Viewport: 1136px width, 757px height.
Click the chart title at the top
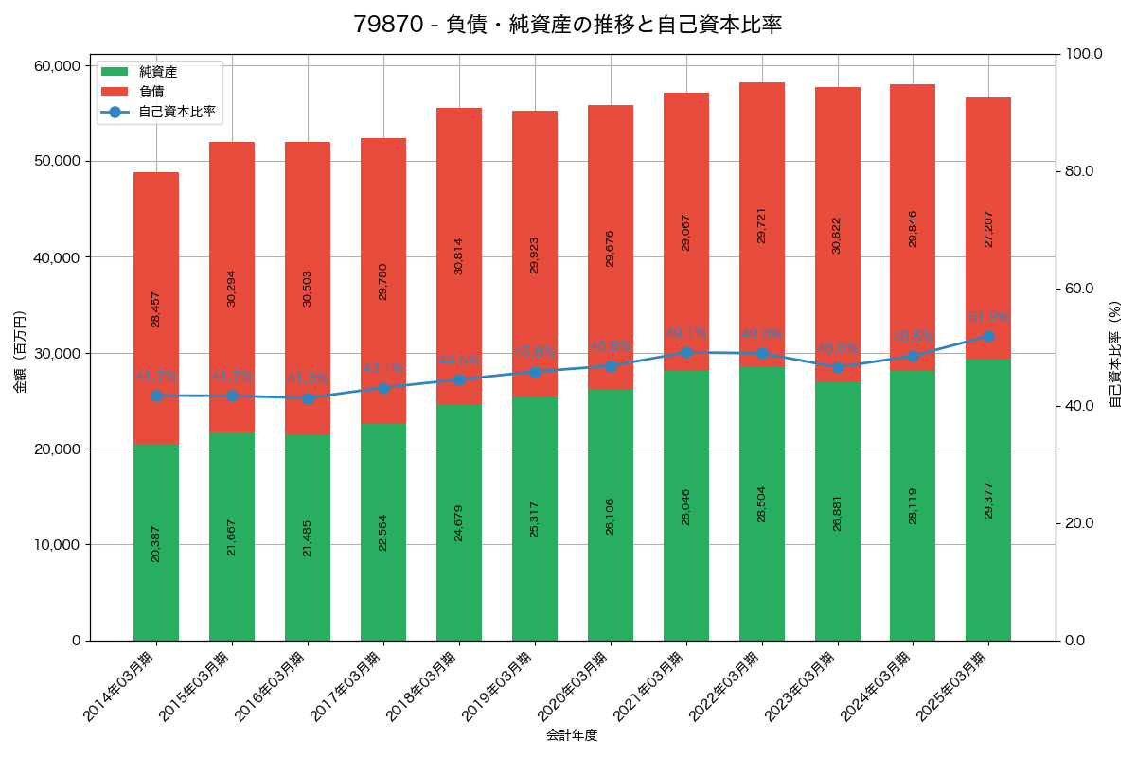point(567,25)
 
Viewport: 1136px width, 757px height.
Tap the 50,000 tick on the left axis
point(55,161)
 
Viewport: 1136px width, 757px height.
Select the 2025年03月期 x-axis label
point(952,686)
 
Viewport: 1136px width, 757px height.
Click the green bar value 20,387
point(156,543)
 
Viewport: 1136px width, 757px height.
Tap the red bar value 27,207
point(988,229)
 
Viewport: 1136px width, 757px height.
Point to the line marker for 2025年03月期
point(988,336)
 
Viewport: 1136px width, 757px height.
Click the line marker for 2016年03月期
point(308,398)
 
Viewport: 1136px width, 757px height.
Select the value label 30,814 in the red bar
point(459,255)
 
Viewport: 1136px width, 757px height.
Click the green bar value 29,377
point(988,499)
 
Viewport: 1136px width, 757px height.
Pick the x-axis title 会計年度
point(572,735)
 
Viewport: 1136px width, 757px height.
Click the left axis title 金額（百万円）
point(20,352)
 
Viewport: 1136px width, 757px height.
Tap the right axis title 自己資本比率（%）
point(1115,353)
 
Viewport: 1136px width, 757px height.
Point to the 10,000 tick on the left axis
point(55,545)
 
